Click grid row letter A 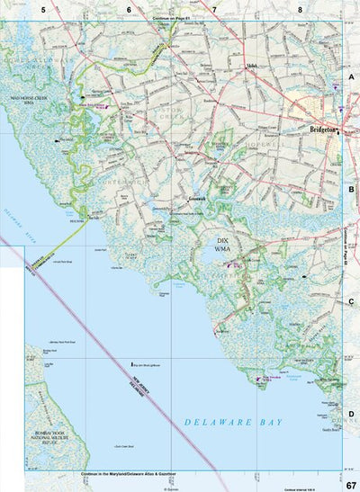(351, 78)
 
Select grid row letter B (351, 190)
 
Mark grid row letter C (351, 302)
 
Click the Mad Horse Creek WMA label (28, 103)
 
